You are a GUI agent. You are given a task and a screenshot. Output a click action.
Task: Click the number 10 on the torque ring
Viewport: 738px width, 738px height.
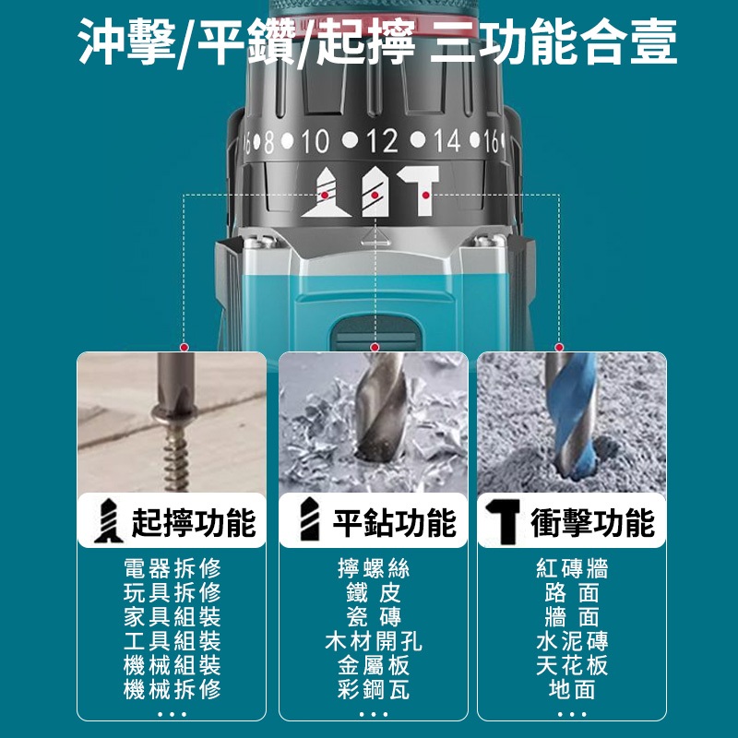point(315,140)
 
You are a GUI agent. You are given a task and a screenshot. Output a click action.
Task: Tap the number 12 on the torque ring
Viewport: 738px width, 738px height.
point(382,140)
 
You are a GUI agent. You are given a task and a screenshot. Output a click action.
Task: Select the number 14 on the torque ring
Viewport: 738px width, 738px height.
point(446,140)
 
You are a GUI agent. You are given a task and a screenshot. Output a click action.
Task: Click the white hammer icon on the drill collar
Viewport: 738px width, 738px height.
point(420,190)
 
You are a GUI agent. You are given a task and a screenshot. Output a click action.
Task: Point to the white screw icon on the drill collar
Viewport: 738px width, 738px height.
point(326,193)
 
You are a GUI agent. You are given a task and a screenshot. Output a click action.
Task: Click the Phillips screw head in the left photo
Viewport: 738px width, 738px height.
point(175,412)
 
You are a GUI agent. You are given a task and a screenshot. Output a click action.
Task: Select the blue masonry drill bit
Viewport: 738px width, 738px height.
point(572,415)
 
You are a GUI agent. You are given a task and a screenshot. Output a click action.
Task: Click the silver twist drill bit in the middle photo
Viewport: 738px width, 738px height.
point(380,408)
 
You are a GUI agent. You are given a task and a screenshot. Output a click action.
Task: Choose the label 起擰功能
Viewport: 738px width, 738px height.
point(194,522)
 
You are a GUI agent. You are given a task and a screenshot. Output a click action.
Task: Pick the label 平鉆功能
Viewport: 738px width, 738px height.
point(395,522)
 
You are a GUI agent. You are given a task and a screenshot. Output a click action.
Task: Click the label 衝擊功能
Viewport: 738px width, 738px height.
point(593,522)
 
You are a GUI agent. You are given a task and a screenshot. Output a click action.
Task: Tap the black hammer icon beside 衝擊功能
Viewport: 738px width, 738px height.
point(503,521)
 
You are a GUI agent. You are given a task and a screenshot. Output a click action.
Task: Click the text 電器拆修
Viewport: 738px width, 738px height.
point(173,568)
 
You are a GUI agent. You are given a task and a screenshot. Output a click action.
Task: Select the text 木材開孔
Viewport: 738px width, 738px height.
point(374,640)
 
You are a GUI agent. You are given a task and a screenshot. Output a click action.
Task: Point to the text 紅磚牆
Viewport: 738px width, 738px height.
point(572,568)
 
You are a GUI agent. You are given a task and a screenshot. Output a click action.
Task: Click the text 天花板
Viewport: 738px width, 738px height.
point(572,665)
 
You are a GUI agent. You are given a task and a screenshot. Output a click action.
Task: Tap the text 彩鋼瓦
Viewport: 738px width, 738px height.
point(374,689)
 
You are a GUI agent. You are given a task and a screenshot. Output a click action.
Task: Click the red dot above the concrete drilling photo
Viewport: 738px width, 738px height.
point(559,348)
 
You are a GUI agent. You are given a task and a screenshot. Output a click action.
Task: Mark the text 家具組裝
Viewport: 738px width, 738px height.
point(173,616)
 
